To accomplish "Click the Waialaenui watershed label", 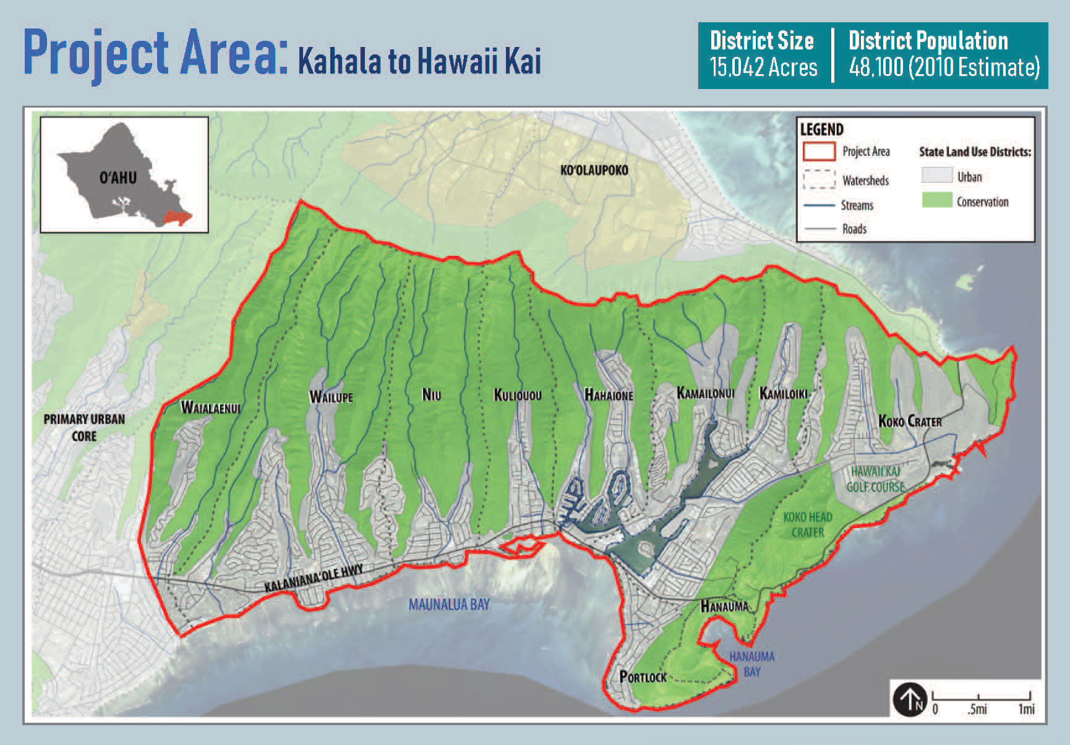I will (x=210, y=407).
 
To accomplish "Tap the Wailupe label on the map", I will (x=331, y=397).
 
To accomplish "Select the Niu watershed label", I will (x=431, y=394).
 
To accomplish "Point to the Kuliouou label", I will (x=518, y=395).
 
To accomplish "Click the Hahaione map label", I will (x=609, y=394).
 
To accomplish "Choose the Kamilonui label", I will (x=705, y=393).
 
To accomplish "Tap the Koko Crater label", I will (x=910, y=421).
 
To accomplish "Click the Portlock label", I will (x=643, y=677).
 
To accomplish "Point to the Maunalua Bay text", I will (x=449, y=604).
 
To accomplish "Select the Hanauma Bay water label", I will (x=751, y=664).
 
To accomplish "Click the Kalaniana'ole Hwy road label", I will (x=314, y=579).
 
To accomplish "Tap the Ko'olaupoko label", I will (x=594, y=170).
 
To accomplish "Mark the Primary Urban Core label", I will (x=84, y=427).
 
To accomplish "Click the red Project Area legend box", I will (x=819, y=151).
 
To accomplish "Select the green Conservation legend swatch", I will (x=936, y=200).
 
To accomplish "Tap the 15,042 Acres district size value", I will (x=763, y=67).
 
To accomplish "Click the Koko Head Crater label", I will (x=807, y=524).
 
